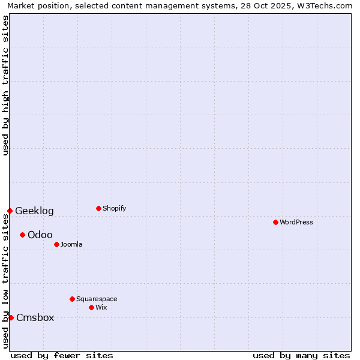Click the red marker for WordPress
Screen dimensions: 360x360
coord(275,222)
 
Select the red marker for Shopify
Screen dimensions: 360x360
coord(98,208)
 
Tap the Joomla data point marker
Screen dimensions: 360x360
coord(56,244)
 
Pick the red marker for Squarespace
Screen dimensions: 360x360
coord(72,299)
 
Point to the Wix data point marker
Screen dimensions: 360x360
coord(91,307)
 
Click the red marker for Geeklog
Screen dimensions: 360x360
coord(10,211)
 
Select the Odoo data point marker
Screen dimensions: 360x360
coord(22,235)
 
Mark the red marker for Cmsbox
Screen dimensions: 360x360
coord(11,317)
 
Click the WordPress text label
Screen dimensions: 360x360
coord(296,222)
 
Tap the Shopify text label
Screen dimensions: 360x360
coord(115,208)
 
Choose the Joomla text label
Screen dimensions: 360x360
coord(71,244)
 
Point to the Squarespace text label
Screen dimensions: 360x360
coord(97,299)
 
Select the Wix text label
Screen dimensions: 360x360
coord(101,307)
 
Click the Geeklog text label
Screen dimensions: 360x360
coord(34,211)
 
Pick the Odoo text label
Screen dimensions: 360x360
coord(40,235)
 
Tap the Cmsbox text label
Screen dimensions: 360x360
coord(35,317)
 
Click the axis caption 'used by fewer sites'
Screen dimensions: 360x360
coord(62,355)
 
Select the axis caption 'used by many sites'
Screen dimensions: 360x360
coord(301,355)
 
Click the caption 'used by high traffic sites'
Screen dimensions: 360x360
coord(5,85)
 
